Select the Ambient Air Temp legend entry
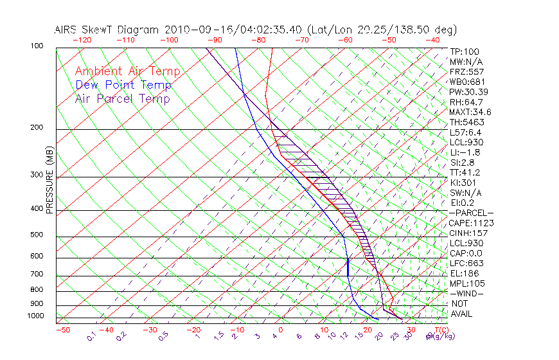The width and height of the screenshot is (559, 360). point(127,71)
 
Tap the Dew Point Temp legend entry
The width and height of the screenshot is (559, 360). point(123,85)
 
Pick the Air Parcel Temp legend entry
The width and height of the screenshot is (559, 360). point(122,98)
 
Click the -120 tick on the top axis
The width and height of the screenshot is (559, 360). point(82,40)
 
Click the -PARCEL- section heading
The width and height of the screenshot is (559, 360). point(471,213)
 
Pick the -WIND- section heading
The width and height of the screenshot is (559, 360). point(466,293)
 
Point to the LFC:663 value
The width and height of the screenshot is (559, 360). point(466,263)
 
